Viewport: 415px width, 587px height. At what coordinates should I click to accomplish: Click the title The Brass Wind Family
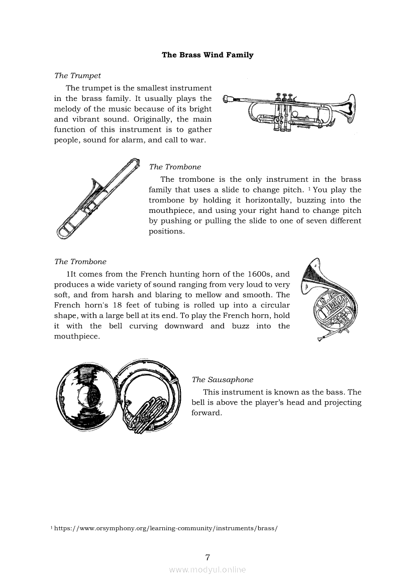207,55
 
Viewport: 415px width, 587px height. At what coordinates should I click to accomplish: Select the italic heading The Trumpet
77,76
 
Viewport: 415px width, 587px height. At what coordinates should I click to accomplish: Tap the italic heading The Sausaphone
223,380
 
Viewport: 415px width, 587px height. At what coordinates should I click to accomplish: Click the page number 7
207,557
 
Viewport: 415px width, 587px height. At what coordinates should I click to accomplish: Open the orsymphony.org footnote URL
166,529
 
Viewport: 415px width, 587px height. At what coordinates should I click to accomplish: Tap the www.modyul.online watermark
207,570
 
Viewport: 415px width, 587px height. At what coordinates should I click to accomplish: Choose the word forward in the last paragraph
207,413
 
